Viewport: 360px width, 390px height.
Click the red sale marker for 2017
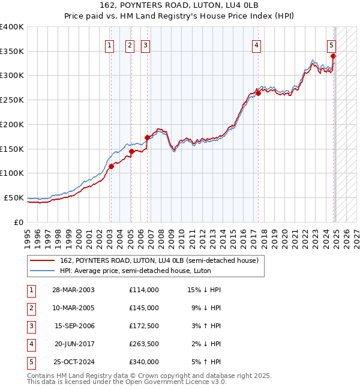[258, 92]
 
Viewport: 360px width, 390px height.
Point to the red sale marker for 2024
[333, 56]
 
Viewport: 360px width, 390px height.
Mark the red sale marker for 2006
[147, 137]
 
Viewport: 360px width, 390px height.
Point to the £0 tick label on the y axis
[19, 222]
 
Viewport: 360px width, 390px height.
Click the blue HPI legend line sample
[43, 271]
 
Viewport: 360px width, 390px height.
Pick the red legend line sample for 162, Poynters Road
[43, 260]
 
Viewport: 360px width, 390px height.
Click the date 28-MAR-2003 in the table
[73, 290]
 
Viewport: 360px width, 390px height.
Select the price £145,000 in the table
[144, 308]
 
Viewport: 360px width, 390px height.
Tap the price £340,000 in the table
[144, 362]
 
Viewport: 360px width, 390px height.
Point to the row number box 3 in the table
[31, 326]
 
